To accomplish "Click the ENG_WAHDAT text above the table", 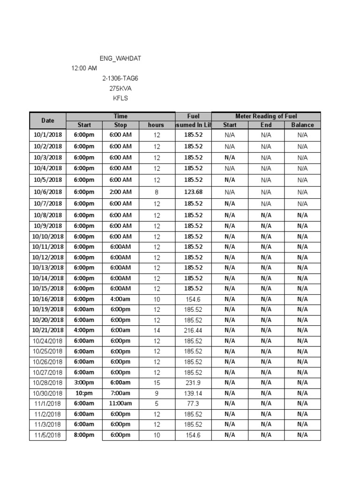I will [120, 59].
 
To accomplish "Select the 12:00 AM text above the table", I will [84, 68].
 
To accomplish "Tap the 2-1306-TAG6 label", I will [120, 78].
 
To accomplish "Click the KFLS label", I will [120, 98].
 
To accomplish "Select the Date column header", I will [48, 120].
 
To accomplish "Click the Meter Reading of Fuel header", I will [266, 116].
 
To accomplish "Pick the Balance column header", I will [302, 125].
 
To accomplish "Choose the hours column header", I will [157, 125].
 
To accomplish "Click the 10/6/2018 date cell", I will [48, 192].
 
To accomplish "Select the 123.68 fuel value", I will [193, 192].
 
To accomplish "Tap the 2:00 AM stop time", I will [120, 192].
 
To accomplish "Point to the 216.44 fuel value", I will [193, 330].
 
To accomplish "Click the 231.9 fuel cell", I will [193, 383].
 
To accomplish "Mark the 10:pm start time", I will [84, 393].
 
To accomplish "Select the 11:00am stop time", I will [120, 404].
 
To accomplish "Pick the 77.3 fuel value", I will [193, 404].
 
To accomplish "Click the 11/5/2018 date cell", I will [48, 435].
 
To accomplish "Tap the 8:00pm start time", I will [84, 435].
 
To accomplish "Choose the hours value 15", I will [157, 383].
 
